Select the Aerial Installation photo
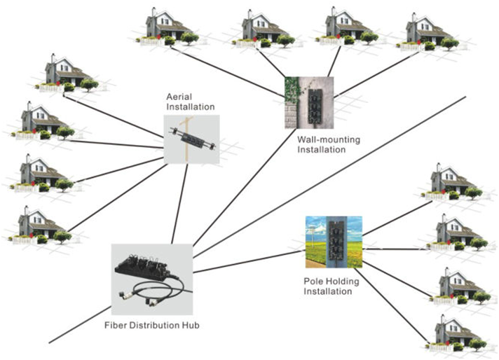(191, 139)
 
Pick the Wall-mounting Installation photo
(308, 102)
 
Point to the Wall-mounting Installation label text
(328, 144)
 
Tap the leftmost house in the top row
(166, 28)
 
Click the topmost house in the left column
(67, 74)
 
